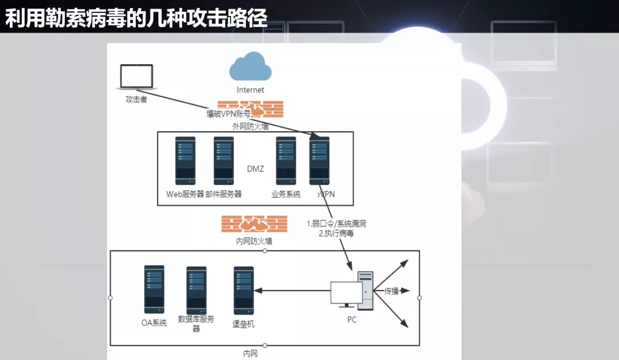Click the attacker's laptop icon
point(136,77)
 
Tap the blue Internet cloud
point(250,66)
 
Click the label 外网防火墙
point(250,126)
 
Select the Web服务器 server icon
point(185,161)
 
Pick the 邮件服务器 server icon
point(224,161)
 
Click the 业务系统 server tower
point(286,161)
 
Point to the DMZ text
point(256,169)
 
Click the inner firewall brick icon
point(254,224)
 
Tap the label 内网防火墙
point(254,241)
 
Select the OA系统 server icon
point(154,289)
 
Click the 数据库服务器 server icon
point(196,291)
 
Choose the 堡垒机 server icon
point(244,291)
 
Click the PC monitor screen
point(346,292)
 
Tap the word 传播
point(391,291)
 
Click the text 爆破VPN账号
point(229,114)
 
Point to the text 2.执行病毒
point(336,233)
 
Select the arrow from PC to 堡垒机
point(292,291)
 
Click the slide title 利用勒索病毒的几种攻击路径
point(136,18)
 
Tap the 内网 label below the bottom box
point(250,354)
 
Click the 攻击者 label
point(136,100)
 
